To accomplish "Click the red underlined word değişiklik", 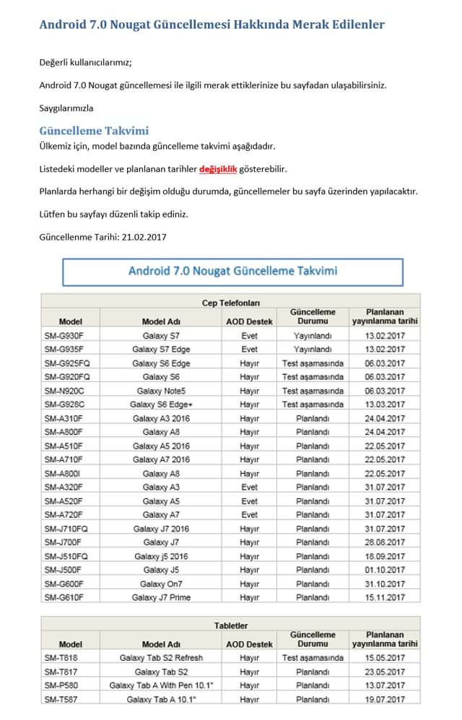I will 218,169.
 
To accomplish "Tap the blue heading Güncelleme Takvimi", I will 94,131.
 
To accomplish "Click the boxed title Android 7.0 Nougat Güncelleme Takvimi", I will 232,272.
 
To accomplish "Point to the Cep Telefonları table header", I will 231,303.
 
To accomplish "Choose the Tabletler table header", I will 231,625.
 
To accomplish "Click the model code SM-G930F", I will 64,335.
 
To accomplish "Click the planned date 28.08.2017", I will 385,542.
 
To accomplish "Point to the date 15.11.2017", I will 385,597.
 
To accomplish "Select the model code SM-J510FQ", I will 66,556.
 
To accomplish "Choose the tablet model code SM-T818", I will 62,657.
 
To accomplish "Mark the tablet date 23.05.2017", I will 385,671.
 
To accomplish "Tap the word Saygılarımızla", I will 66,108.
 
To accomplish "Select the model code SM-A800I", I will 63,473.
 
